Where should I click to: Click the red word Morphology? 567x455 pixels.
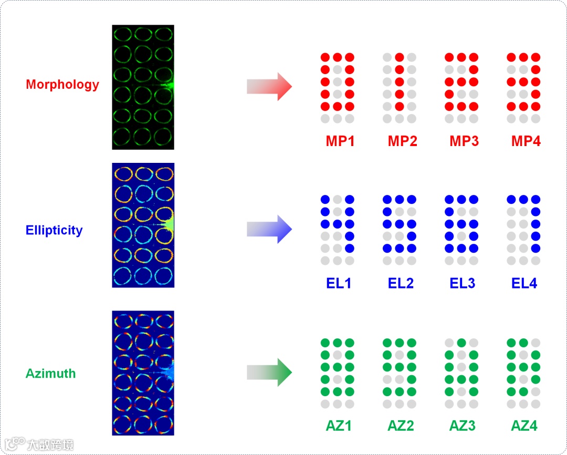tap(62, 85)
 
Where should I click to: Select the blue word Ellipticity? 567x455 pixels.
tap(54, 230)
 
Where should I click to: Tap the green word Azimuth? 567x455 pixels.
tap(51, 374)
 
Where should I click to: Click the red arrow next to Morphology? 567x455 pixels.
tap(269, 87)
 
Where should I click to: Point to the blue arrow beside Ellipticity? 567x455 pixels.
tap(269, 230)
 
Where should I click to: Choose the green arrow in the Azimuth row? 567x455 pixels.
tap(269, 373)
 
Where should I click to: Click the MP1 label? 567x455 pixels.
tap(340, 141)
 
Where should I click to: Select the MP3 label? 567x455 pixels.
tap(464, 141)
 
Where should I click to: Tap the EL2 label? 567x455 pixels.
tap(401, 284)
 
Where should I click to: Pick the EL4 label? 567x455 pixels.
tap(524, 284)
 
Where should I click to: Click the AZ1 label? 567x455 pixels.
tap(339, 426)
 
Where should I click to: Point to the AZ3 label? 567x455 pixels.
tap(463, 426)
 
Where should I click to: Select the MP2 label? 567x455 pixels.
tap(402, 141)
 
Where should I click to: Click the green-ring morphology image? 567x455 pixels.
tap(143, 87)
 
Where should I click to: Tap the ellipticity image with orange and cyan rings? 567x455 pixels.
tap(143, 225)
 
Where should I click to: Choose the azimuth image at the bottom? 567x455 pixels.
tap(143, 373)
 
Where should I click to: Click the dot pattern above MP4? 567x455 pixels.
tap(523, 88)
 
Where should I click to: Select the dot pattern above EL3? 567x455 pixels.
tap(461, 230)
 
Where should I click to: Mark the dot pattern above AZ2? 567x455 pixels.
tap(400, 374)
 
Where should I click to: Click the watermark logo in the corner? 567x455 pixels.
tap(39, 444)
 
